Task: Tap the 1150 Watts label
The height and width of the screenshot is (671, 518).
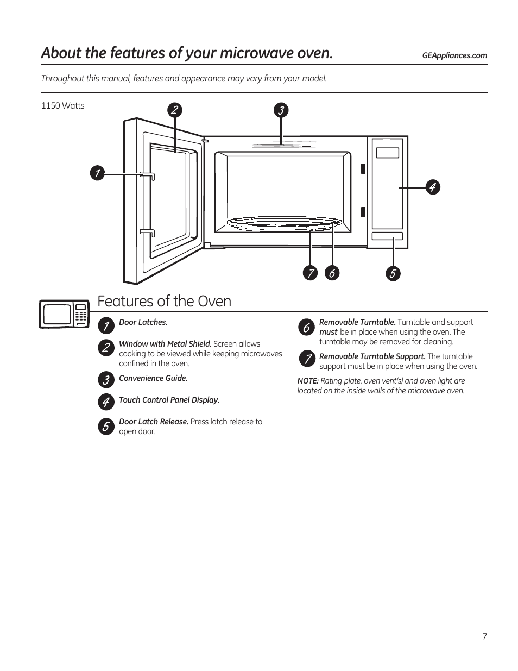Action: [63, 106]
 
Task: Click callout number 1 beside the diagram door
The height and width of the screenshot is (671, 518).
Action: [97, 174]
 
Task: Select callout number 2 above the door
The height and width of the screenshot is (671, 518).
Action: [174, 110]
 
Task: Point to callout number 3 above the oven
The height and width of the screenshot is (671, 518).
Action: [281, 111]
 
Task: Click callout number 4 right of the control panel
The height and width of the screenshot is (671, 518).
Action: [432, 187]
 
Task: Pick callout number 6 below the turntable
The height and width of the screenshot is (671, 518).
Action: [332, 273]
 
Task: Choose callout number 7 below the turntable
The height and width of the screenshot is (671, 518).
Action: [310, 273]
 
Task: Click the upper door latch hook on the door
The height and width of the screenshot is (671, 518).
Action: [148, 175]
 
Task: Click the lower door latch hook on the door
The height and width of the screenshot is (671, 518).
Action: [148, 232]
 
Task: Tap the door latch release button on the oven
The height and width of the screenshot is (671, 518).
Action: [387, 236]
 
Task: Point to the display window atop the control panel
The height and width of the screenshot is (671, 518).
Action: [387, 152]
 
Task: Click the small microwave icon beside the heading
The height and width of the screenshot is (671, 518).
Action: [64, 314]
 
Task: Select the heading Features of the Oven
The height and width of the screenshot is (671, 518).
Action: [165, 302]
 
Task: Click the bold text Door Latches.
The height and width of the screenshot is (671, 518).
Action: [143, 323]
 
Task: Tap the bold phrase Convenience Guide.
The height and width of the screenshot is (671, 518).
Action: [153, 379]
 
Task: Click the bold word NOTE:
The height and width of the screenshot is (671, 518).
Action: [307, 381]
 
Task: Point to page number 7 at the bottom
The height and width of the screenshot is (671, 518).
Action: [484, 637]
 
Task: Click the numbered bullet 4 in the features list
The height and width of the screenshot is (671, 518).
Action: [105, 402]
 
